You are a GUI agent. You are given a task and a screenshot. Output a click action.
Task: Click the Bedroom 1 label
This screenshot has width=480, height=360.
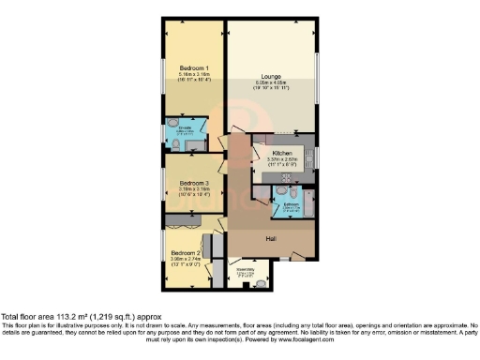coord(194,68)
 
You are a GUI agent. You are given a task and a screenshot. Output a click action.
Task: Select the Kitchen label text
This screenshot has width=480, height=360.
coord(282,153)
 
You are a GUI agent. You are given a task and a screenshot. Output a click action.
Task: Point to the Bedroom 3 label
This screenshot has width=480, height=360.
coord(194,183)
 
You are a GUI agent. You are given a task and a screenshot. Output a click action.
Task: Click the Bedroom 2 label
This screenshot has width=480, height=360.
coord(186,253)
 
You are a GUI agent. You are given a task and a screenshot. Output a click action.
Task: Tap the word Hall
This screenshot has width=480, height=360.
coord(270,240)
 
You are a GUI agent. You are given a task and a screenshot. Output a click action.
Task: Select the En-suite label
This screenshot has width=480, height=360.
coord(174,127)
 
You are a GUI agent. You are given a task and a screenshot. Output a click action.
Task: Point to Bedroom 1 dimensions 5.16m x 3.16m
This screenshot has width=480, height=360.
coord(194,76)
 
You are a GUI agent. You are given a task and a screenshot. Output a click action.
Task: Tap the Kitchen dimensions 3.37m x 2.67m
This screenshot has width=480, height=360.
coord(282,160)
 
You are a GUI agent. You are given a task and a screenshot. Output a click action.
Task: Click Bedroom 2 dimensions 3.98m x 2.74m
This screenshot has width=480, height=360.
coord(186,261)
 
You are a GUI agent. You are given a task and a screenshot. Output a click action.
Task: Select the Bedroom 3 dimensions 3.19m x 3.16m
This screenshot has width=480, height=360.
coord(194,190)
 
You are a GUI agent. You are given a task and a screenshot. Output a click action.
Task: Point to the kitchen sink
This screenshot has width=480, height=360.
coord(310,156)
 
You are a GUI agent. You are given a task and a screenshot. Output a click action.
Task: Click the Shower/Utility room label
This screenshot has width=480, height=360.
coord(246,270)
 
